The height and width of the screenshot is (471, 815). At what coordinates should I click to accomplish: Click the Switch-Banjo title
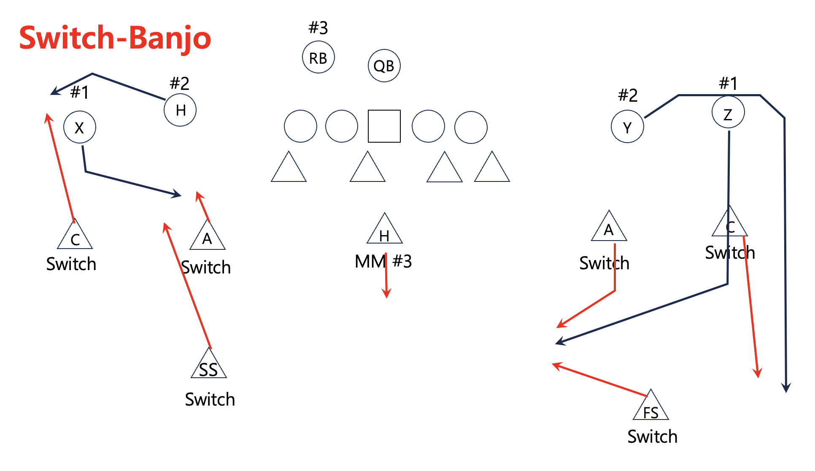(115, 38)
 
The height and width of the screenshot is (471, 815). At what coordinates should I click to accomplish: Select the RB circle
(318, 57)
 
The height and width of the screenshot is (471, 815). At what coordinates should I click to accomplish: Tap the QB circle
(384, 66)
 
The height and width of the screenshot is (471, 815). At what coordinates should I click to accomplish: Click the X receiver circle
(80, 127)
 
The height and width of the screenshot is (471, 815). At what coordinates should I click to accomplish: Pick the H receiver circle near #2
(180, 110)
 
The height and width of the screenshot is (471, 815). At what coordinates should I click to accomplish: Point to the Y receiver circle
(627, 127)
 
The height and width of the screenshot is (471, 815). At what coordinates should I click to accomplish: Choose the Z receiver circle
(728, 113)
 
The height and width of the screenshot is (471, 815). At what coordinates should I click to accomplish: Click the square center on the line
(384, 126)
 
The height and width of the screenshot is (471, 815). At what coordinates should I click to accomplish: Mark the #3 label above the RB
(318, 28)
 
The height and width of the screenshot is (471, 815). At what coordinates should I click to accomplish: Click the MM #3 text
(383, 262)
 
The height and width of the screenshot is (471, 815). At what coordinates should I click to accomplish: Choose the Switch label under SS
(210, 399)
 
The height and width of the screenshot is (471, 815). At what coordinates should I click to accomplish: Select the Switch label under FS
(652, 436)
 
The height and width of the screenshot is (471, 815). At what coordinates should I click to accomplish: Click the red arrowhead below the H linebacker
(386, 293)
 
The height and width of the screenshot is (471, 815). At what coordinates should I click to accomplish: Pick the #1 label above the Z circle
(728, 83)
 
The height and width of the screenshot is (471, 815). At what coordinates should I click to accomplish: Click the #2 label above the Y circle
(628, 95)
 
